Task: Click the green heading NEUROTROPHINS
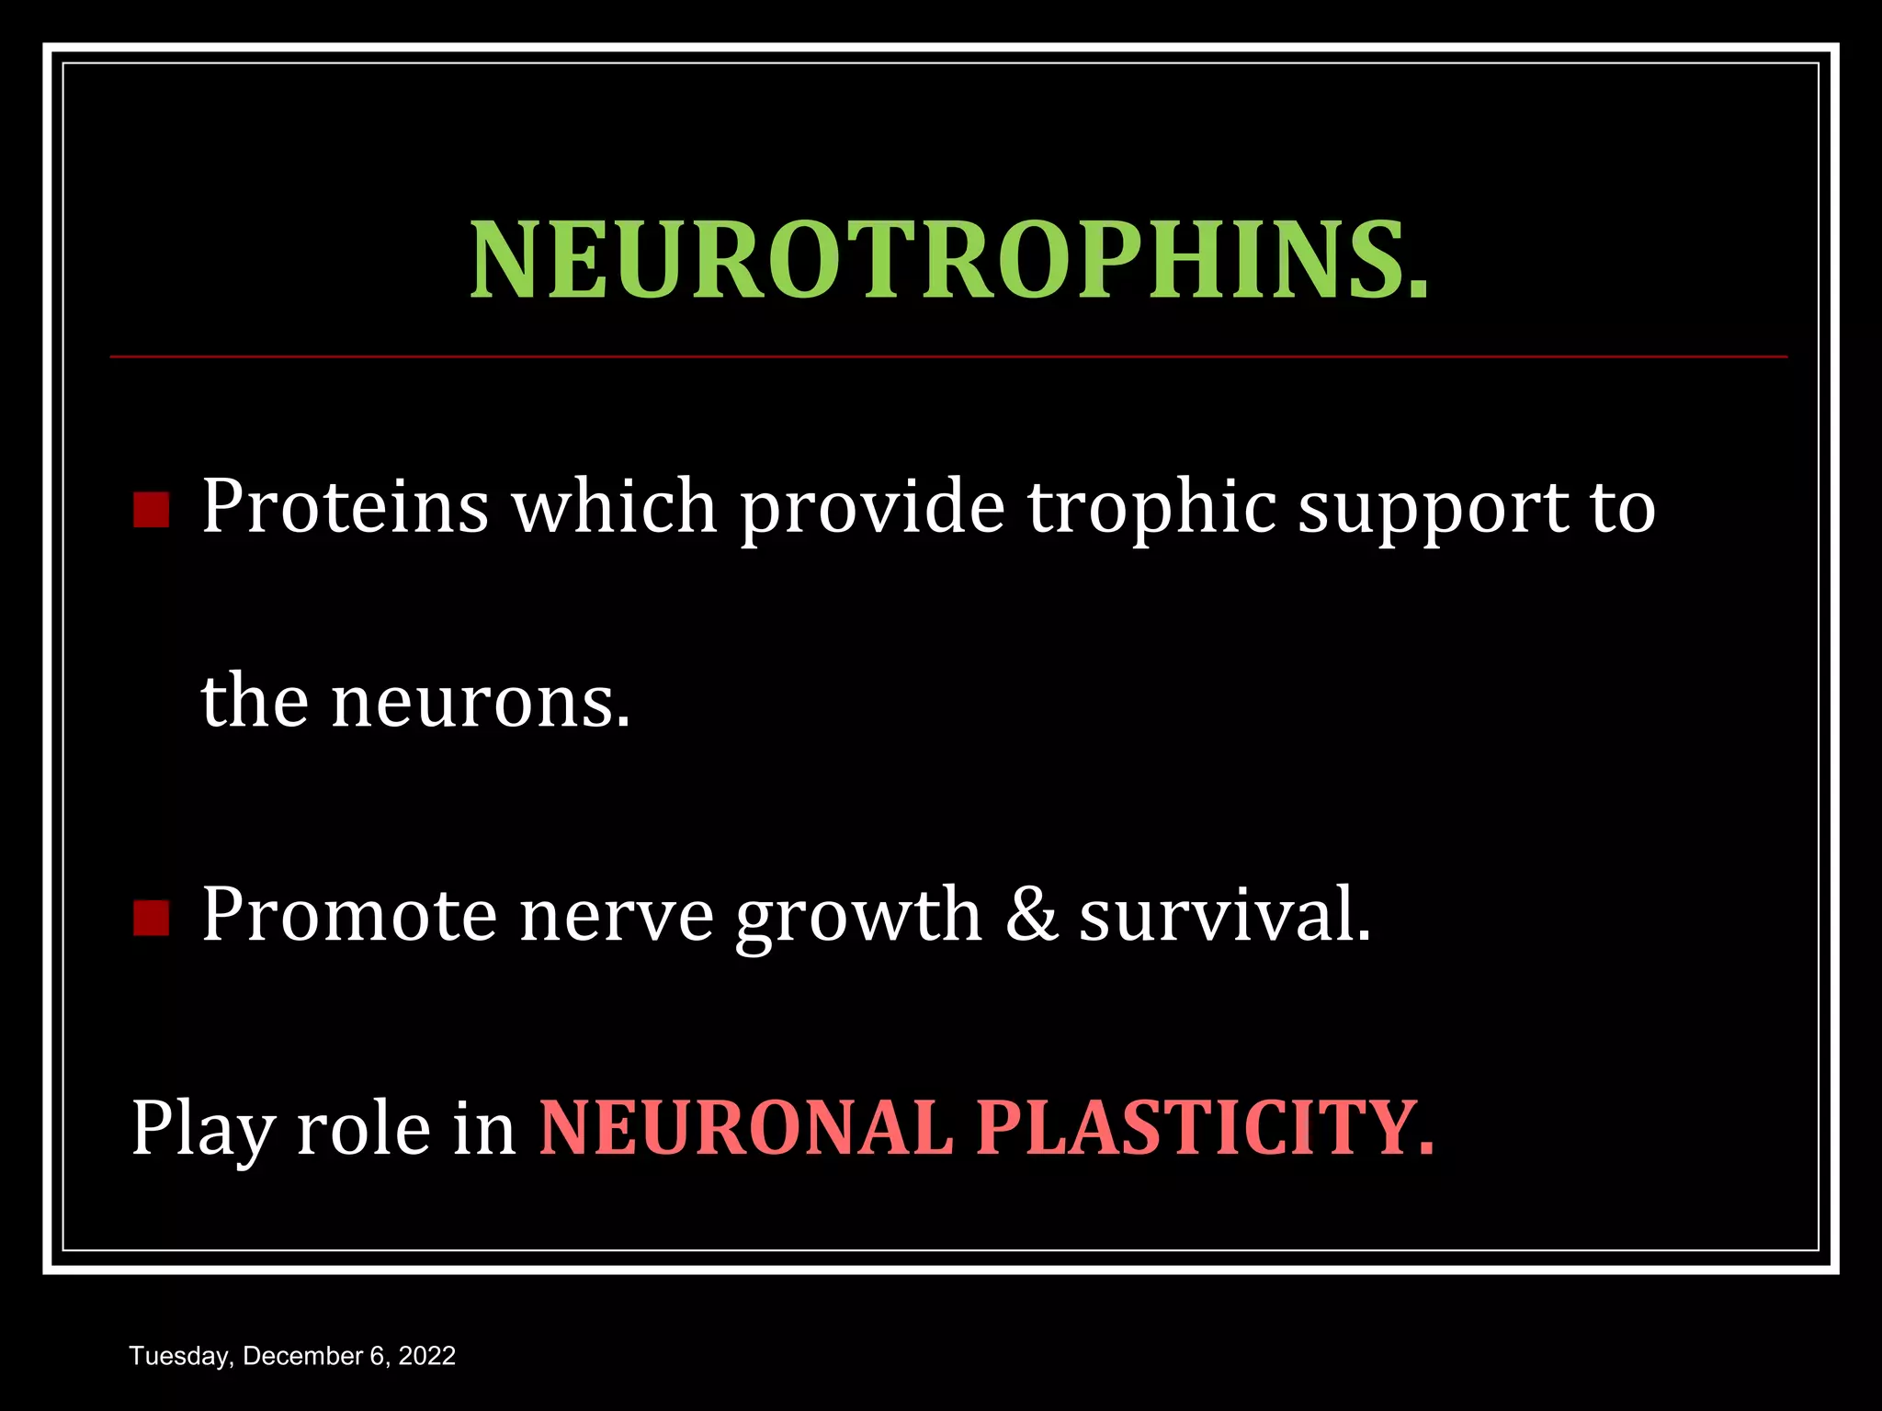pos(949,261)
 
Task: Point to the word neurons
pos(481,703)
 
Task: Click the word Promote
pos(348,915)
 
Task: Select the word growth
pos(858,917)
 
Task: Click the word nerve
pos(616,917)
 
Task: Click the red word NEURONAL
pos(746,1128)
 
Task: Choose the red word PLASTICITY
pos(1204,1128)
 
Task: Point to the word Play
pos(202,1130)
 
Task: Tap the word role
pos(363,1128)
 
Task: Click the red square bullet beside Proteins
pos(151,510)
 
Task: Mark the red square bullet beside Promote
pos(151,918)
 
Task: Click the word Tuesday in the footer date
pos(180,1357)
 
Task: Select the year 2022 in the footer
pos(426,1356)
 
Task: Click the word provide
pos(873,508)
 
